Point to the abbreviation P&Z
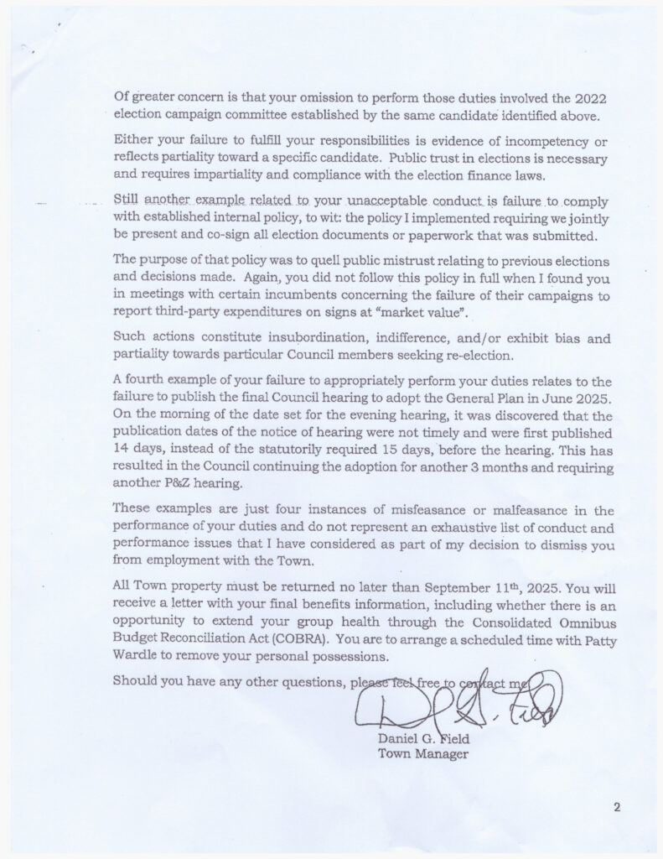click(173, 484)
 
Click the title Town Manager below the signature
click(423, 754)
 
